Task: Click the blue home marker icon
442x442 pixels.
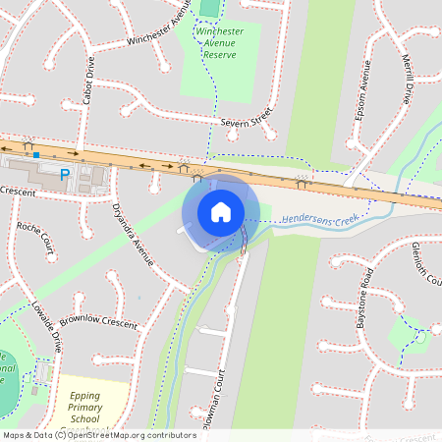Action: pyautogui.click(x=221, y=211)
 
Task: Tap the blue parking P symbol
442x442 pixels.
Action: pyautogui.click(x=66, y=175)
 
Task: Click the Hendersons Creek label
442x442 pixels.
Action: pyautogui.click(x=319, y=217)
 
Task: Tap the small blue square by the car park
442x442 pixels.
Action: pyautogui.click(x=36, y=154)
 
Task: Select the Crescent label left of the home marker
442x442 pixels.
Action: pyautogui.click(x=18, y=191)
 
